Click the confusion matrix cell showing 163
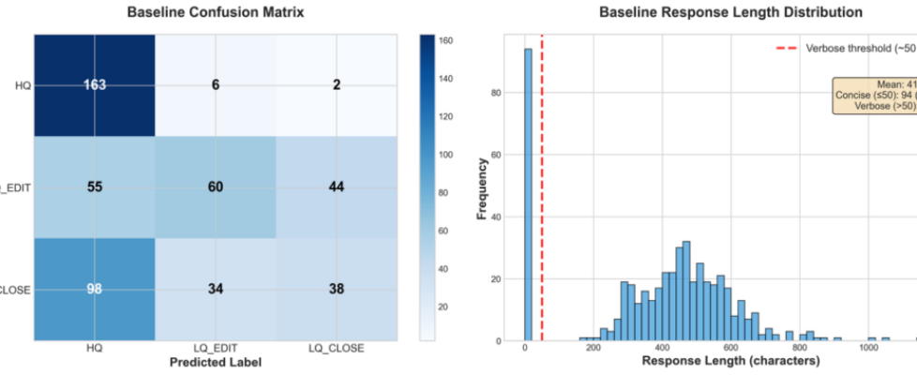pos(95,84)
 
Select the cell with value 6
pos(216,84)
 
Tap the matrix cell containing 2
pos(337,84)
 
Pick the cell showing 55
pos(95,187)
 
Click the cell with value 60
pos(216,187)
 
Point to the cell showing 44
pos(337,187)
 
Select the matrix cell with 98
pos(95,289)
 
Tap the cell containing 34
pos(216,289)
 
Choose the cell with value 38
pos(337,289)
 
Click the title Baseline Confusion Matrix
pos(216,13)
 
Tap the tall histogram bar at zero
pos(527,197)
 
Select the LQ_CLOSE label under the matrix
pos(337,348)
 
